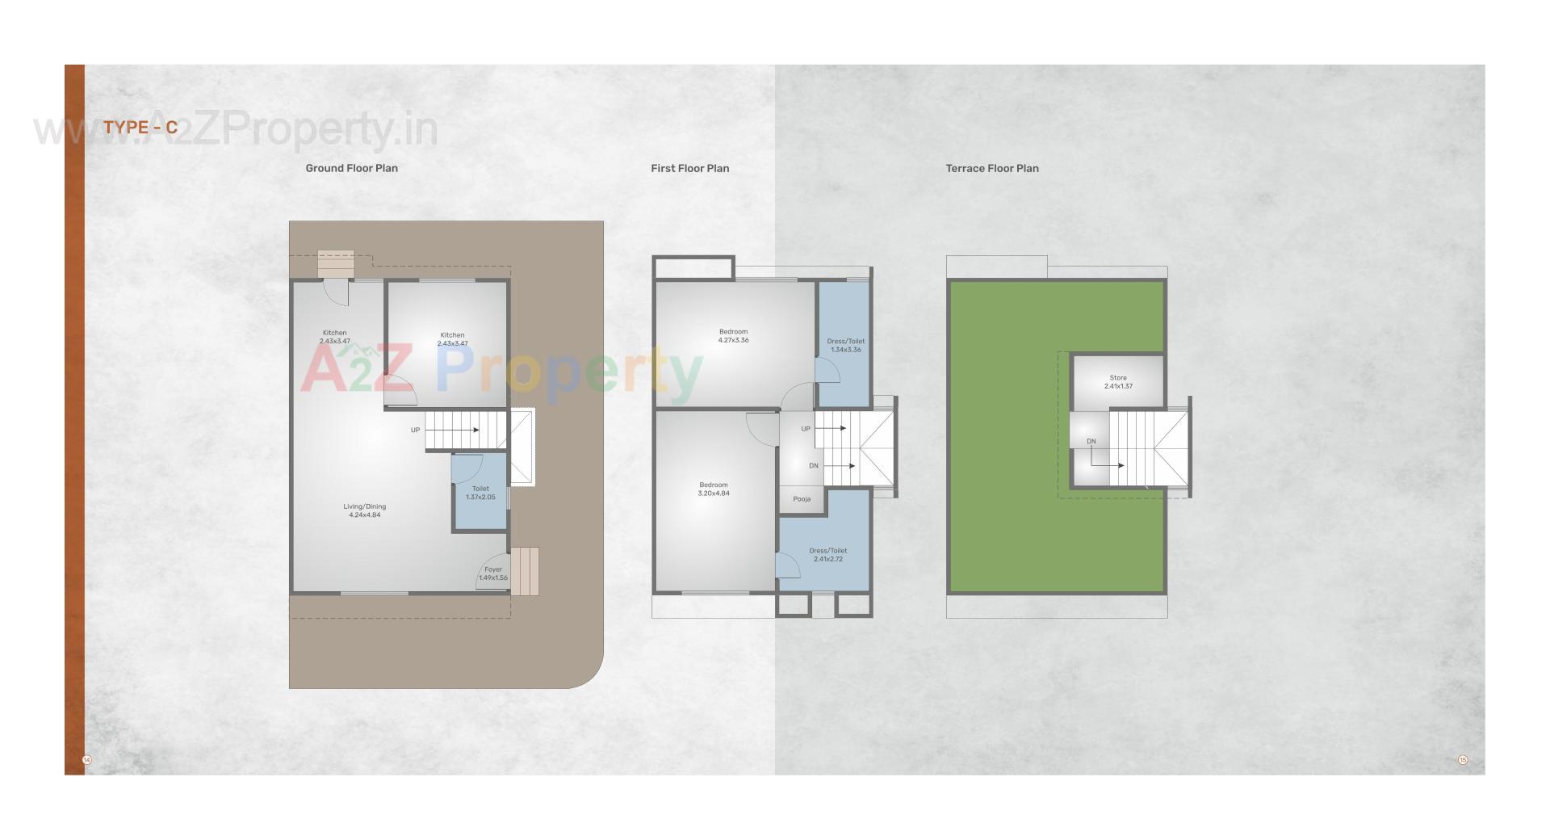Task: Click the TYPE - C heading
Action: pos(140,128)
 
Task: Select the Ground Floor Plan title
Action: pos(351,168)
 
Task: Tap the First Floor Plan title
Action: pos(689,168)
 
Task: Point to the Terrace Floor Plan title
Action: pos(992,168)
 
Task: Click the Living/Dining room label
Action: pos(365,510)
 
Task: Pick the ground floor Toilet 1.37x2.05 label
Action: pos(480,493)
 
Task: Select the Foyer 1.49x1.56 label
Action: pos(492,573)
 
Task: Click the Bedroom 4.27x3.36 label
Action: pos(733,336)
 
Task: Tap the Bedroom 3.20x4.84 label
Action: pos(714,489)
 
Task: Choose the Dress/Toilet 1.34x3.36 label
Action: pos(845,345)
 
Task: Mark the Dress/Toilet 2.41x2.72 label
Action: pos(827,554)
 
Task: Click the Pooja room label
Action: pos(802,499)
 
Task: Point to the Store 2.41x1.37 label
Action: pos(1118,382)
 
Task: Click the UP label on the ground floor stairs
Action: pos(415,430)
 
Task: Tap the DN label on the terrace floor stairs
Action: pos(1091,441)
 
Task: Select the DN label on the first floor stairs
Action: pos(814,466)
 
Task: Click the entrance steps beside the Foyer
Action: pos(525,571)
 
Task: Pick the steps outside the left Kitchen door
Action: pos(336,263)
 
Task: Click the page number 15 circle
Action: pos(1462,760)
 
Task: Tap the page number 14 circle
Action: pos(87,760)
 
